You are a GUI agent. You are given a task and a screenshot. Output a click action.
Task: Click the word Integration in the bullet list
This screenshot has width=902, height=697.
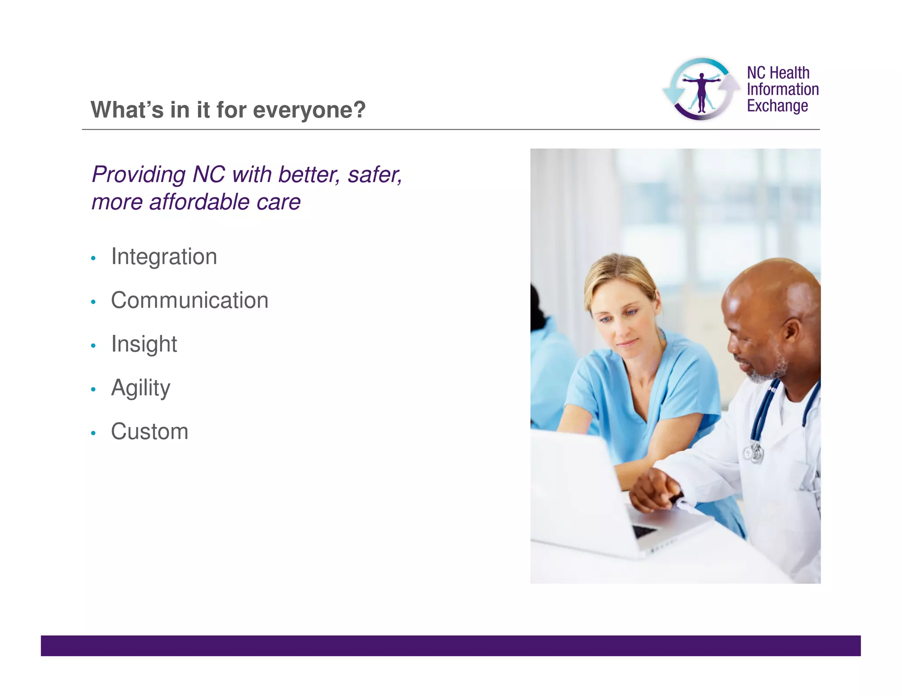pyautogui.click(x=164, y=256)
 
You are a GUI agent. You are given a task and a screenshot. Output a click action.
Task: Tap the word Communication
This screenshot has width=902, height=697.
pyautogui.click(x=189, y=300)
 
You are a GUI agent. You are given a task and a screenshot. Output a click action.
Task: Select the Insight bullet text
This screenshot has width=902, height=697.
pyautogui.click(x=144, y=344)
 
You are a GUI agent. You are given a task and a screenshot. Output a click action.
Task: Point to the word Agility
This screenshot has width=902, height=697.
pyautogui.click(x=140, y=388)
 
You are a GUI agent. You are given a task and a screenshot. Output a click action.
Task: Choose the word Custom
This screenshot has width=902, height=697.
pyautogui.click(x=149, y=431)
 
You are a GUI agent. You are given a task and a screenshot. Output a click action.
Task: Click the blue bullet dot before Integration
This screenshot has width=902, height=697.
pyautogui.click(x=93, y=258)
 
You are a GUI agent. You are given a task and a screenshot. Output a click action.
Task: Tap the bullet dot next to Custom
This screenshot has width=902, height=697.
pyautogui.click(x=93, y=433)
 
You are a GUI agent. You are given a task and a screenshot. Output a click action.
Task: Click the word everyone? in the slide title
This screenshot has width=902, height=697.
pyautogui.click(x=309, y=110)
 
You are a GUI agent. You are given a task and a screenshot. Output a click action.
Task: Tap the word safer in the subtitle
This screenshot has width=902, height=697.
pyautogui.click(x=373, y=174)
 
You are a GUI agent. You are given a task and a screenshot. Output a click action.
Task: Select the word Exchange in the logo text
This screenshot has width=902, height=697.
pyautogui.click(x=777, y=106)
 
